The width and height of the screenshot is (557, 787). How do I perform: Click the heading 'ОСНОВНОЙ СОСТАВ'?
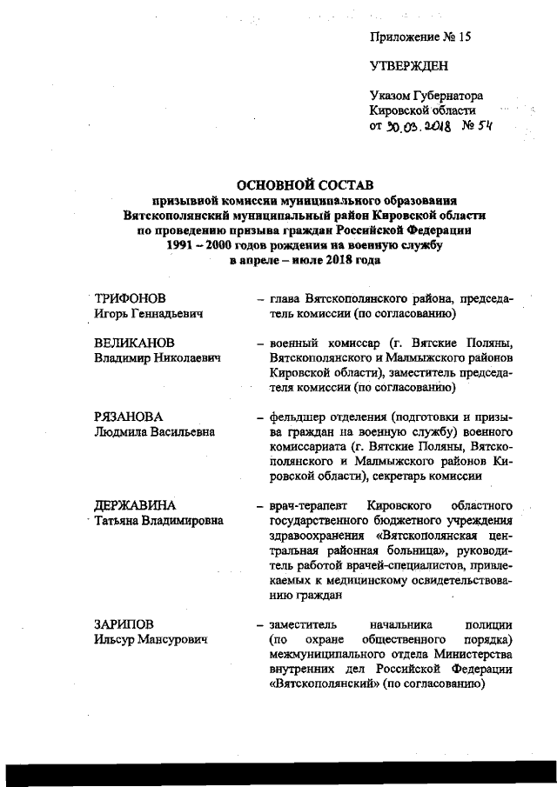click(x=304, y=184)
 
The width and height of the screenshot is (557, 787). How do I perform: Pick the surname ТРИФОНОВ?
click(x=130, y=298)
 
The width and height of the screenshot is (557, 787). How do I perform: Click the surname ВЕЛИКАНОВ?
click(x=134, y=343)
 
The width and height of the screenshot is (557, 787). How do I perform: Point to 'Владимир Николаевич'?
click(x=156, y=358)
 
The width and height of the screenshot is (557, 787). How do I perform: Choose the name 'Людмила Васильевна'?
click(x=154, y=431)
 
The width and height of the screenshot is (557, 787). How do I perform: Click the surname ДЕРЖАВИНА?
click(x=135, y=505)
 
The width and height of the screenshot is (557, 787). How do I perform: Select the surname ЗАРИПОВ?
click(x=126, y=624)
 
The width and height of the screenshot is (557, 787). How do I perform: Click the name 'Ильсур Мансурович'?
click(x=150, y=639)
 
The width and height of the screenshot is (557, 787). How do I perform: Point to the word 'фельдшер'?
click(x=297, y=417)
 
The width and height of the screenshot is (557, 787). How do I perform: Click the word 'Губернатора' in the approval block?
click(x=450, y=96)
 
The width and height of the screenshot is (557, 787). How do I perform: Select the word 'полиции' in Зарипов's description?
click(x=491, y=624)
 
